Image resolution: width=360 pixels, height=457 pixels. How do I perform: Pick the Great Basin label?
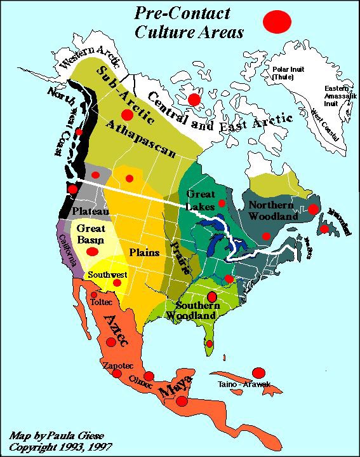(91, 233)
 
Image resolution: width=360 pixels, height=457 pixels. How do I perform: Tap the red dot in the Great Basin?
(92, 251)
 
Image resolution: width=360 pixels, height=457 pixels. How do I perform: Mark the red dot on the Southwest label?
(117, 283)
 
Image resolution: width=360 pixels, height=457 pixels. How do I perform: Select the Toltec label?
(101, 303)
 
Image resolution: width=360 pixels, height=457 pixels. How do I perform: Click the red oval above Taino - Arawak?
(259, 372)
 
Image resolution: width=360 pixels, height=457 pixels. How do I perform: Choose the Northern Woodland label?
(272, 210)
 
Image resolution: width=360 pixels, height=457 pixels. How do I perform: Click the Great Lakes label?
(200, 200)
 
